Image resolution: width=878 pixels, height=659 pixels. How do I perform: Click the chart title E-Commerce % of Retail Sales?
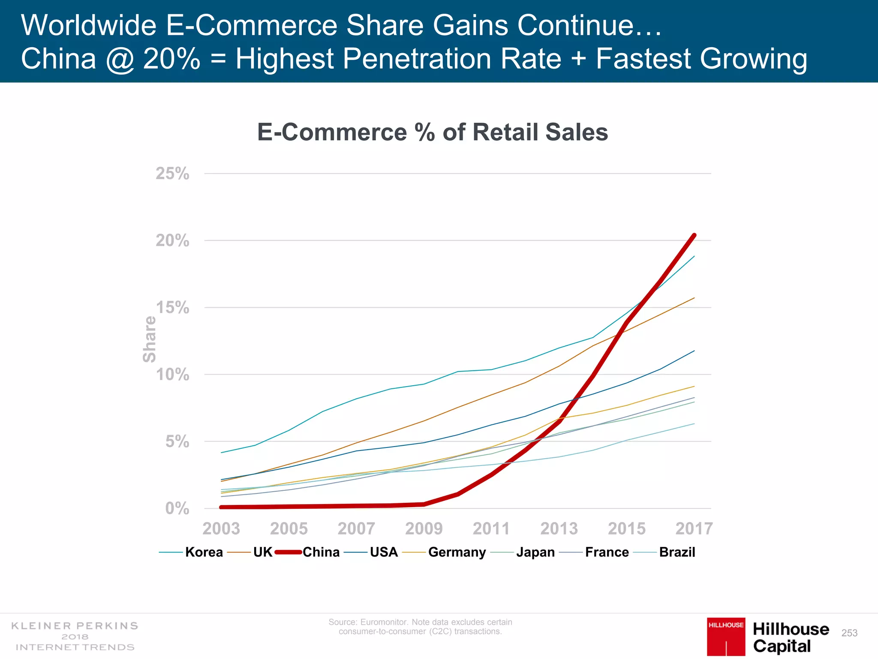(432, 132)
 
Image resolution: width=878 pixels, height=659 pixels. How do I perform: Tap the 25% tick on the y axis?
(172, 174)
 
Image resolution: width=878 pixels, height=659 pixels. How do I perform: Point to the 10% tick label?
(172, 375)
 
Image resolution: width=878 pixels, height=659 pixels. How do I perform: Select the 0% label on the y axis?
(177, 508)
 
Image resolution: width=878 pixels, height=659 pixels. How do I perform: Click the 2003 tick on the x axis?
(221, 529)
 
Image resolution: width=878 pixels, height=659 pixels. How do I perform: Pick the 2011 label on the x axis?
(491, 529)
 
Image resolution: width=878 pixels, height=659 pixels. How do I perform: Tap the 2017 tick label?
(694, 529)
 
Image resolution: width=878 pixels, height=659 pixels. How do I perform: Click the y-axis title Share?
(150, 339)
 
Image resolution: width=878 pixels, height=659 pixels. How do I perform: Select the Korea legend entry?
(204, 552)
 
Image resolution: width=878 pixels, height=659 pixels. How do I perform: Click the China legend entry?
(321, 552)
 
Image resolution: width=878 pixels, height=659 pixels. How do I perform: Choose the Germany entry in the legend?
(457, 552)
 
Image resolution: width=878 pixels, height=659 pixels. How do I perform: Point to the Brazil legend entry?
(677, 552)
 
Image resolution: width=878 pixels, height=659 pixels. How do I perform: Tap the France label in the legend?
(607, 552)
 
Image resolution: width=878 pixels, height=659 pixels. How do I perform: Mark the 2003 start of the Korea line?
(221, 453)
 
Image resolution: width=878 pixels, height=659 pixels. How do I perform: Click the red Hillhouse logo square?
(726, 637)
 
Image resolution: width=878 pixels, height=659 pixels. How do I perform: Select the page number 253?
(849, 633)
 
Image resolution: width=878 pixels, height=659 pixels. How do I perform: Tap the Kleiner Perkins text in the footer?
(75, 626)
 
